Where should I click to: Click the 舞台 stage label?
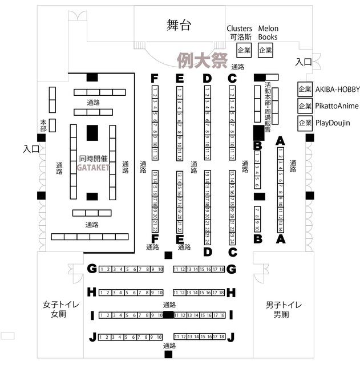point(178,25)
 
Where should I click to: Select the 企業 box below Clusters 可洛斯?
point(244,51)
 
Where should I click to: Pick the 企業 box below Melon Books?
point(265,51)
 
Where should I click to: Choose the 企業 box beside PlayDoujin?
point(305,123)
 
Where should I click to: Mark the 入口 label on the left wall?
point(31,149)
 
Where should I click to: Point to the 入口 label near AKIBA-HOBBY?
point(304,62)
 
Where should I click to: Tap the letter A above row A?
point(280,140)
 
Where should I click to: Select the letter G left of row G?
point(91,269)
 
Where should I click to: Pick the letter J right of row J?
point(231,337)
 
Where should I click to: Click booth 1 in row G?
point(102,269)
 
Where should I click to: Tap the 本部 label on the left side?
point(43,123)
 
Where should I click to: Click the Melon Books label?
point(268,33)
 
